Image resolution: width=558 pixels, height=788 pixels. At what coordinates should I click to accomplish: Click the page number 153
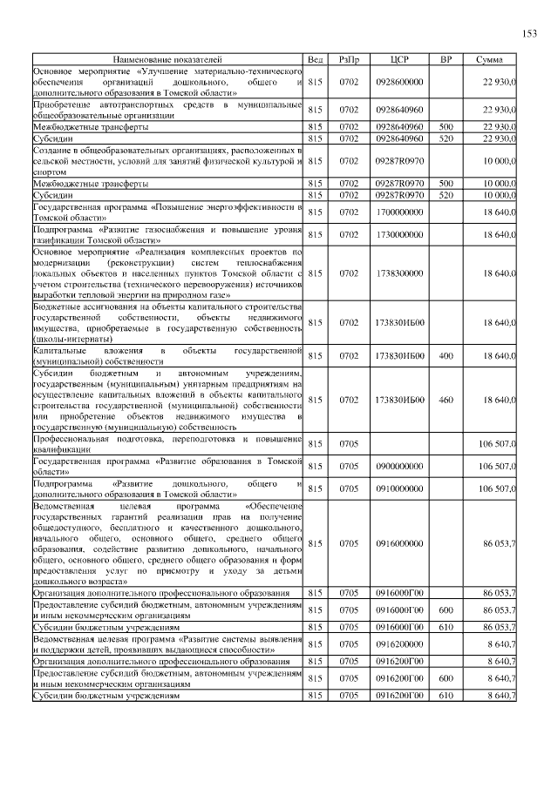coord(529,34)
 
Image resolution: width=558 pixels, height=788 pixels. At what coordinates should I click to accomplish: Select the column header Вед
coord(316,59)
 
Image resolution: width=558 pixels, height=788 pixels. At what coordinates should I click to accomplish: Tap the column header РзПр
coord(349,59)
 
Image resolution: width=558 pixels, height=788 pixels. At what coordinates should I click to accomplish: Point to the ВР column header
coord(446,59)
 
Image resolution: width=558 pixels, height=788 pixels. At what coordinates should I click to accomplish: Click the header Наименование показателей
coord(167,59)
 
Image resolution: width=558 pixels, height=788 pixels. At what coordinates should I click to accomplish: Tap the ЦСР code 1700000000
coord(399,212)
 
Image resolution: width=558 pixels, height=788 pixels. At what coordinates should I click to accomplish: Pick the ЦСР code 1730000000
coord(399,234)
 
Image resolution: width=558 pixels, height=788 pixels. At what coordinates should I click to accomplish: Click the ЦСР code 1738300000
coord(399,273)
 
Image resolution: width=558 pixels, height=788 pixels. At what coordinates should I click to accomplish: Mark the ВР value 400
coord(446,356)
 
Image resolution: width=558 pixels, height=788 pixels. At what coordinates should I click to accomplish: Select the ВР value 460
coord(446,400)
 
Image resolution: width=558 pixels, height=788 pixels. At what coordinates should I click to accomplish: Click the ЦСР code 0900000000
coord(399,466)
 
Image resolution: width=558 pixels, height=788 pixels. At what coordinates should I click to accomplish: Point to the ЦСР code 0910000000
coord(399,488)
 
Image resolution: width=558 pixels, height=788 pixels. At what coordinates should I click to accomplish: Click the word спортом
coord(51,172)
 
